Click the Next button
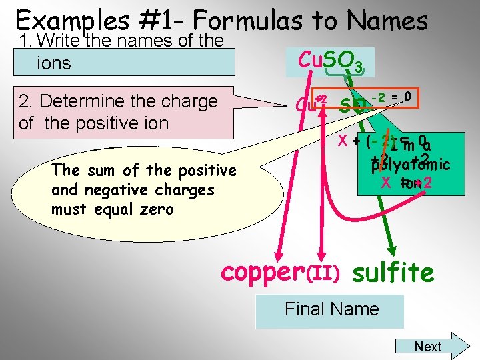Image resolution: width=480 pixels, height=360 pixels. tap(428, 346)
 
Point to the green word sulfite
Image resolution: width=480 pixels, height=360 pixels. tap(393, 272)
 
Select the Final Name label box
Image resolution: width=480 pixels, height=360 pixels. tap(331, 309)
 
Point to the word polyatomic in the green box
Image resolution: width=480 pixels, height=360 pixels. tap(411, 164)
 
